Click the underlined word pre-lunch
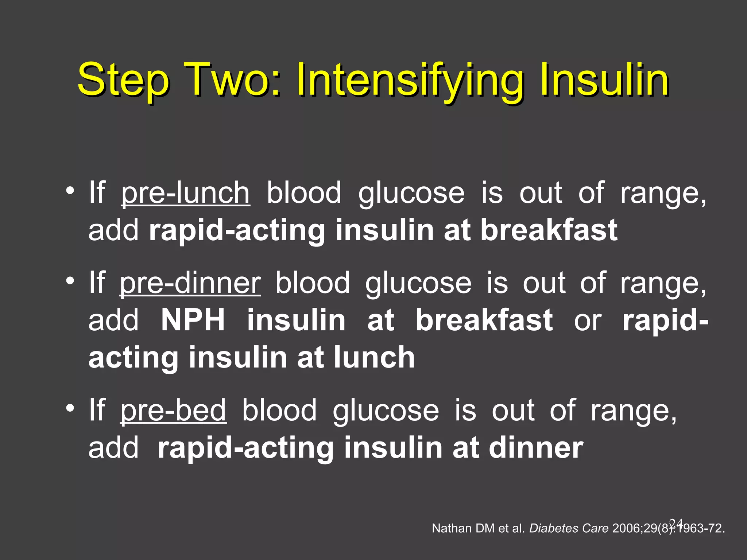(x=185, y=193)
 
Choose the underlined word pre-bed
(x=173, y=411)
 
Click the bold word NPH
(x=193, y=320)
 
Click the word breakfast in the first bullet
(x=549, y=230)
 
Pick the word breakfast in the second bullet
(x=484, y=320)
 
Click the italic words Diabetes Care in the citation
(x=569, y=528)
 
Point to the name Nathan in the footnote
(x=452, y=528)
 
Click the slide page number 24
(x=676, y=522)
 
